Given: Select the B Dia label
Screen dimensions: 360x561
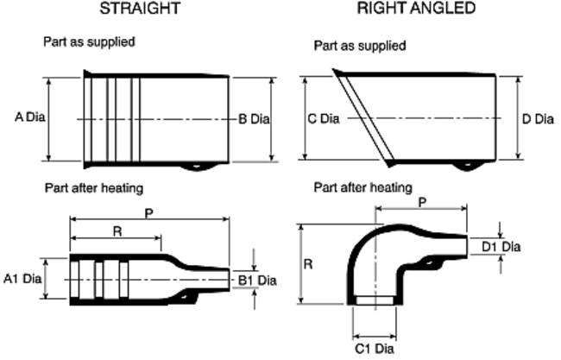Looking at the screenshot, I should [x=255, y=118].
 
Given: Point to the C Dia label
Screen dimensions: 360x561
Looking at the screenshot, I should [x=323, y=118].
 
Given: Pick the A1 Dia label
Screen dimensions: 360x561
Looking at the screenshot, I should [x=22, y=278].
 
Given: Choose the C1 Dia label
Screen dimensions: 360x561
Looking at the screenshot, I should [x=375, y=349].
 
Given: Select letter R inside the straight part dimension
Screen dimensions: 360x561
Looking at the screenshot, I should [x=115, y=230].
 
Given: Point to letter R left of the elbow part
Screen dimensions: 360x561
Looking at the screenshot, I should [x=308, y=264].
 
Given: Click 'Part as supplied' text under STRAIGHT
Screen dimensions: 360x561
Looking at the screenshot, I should [x=89, y=41].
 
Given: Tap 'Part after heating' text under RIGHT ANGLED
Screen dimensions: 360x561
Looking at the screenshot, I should [x=362, y=187].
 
